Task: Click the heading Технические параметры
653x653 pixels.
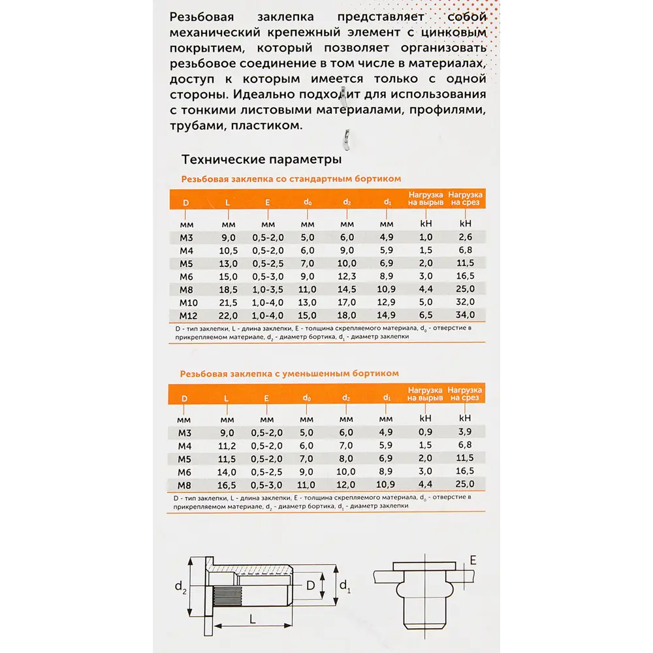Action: tap(261, 159)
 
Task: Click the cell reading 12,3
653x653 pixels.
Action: tap(346, 276)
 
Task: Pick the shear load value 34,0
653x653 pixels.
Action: tap(465, 315)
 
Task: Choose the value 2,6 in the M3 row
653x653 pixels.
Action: tap(465, 237)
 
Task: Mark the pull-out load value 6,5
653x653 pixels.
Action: tap(425, 315)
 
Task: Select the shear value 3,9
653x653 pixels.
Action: tap(465, 432)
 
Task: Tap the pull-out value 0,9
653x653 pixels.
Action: tap(425, 432)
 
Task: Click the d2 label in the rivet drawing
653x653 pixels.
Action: tap(180, 588)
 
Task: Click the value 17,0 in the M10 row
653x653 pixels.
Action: tap(346, 302)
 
